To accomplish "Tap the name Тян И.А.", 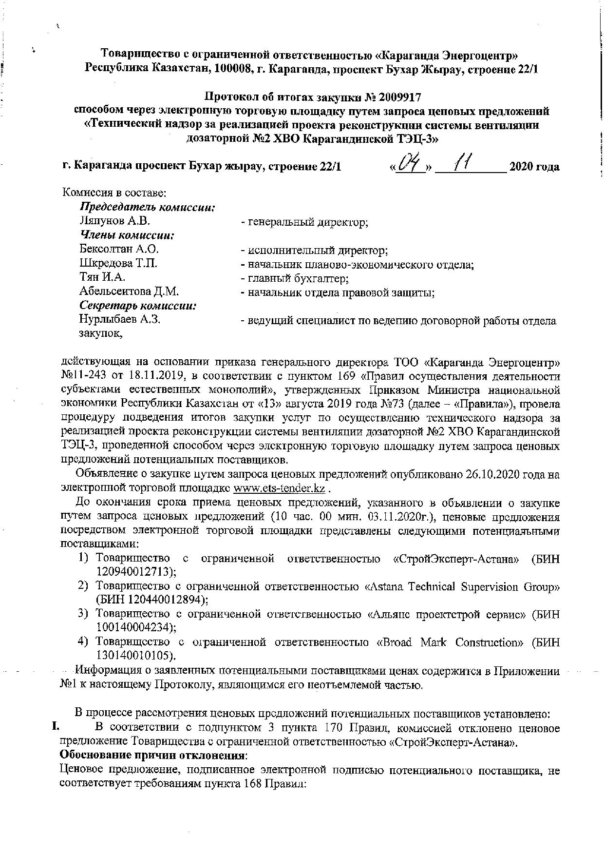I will (x=102, y=277).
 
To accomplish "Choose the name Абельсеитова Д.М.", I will (x=129, y=291).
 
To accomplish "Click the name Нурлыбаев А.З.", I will (x=120, y=320).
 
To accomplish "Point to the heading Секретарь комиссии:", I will (x=138, y=306).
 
